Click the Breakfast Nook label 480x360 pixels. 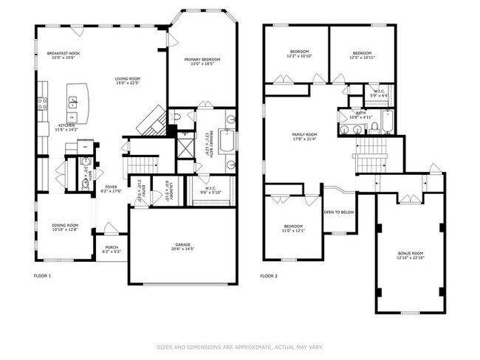(x=64, y=53)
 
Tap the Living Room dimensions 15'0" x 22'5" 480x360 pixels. (x=130, y=83)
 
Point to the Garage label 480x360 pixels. (x=182, y=245)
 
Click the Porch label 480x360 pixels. (x=112, y=247)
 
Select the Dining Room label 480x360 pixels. (x=64, y=226)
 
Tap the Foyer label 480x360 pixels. (x=111, y=187)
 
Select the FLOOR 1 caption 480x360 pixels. (x=43, y=276)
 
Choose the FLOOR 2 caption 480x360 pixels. (x=269, y=276)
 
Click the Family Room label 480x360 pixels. (x=304, y=134)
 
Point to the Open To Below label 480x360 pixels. (x=338, y=212)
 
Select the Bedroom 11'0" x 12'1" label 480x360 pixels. (x=293, y=227)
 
